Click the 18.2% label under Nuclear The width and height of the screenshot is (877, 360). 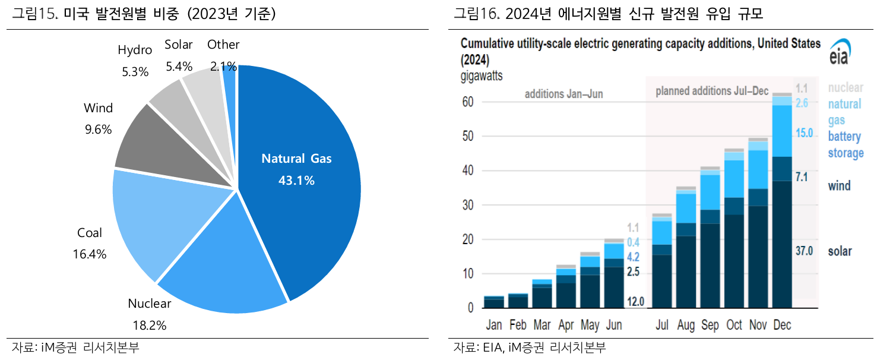click(x=149, y=325)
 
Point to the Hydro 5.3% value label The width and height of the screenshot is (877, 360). click(x=135, y=72)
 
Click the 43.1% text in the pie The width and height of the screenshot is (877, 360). click(x=296, y=180)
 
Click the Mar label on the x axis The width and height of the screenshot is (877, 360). click(x=542, y=325)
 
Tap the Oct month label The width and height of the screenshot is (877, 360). click(x=734, y=325)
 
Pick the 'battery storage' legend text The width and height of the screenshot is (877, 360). click(x=846, y=145)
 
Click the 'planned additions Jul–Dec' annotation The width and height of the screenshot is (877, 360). click(x=711, y=91)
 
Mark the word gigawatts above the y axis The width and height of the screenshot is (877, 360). click(x=481, y=75)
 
